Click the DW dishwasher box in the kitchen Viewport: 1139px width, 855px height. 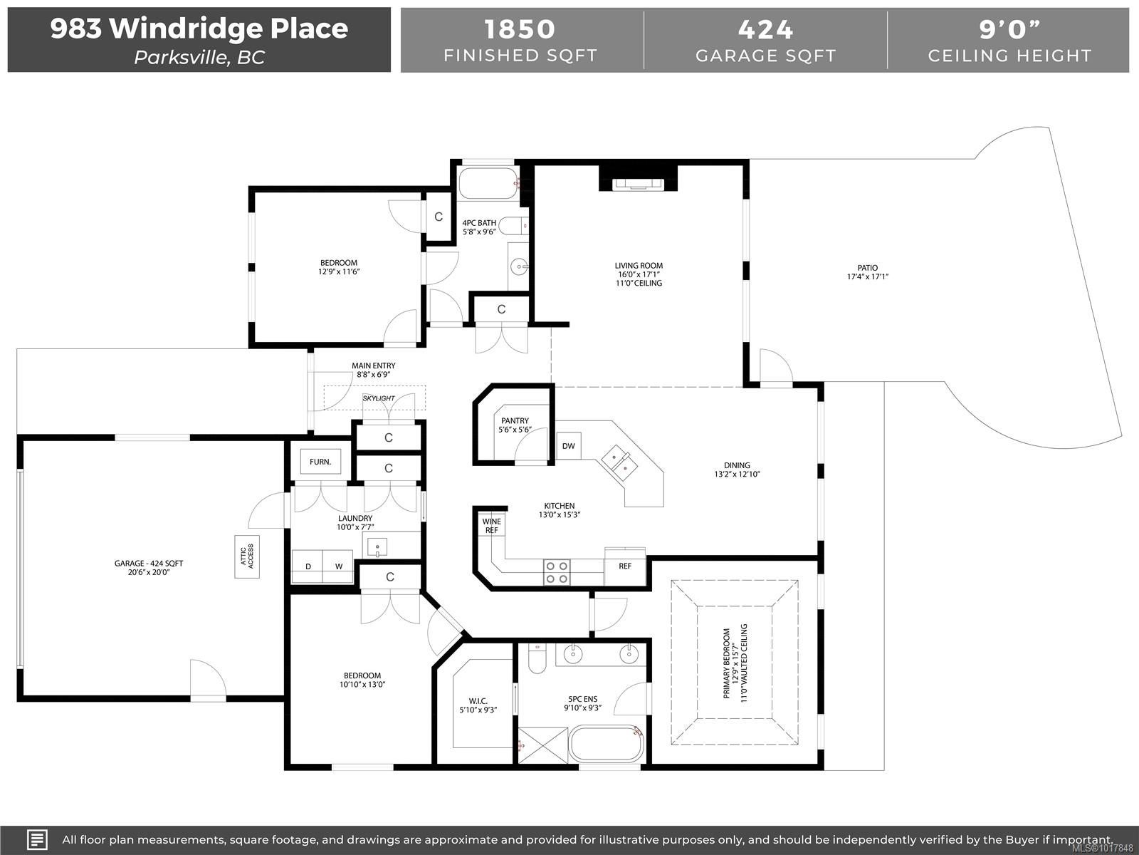coord(569,445)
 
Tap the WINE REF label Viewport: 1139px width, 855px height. coord(491,525)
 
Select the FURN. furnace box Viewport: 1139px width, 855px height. coord(320,462)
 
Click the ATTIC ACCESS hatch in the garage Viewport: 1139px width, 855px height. coord(247,556)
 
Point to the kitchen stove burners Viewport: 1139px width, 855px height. coord(556,572)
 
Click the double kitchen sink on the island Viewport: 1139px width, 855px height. coord(619,463)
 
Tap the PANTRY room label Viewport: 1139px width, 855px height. coord(515,425)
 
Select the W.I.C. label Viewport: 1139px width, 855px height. coord(478,705)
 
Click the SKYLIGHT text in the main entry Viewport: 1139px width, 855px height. coord(379,398)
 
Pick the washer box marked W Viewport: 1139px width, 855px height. coord(338,566)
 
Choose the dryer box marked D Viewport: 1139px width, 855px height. coord(308,566)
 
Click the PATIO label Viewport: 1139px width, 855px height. coord(868,272)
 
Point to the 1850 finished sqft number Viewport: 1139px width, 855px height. coord(520,29)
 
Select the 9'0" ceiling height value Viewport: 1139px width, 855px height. coord(1009,29)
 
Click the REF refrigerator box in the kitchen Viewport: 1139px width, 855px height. coord(625,566)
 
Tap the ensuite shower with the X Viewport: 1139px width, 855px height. coord(542,745)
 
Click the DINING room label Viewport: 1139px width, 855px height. coord(737,470)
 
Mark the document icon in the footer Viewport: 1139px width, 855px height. coord(37,839)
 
